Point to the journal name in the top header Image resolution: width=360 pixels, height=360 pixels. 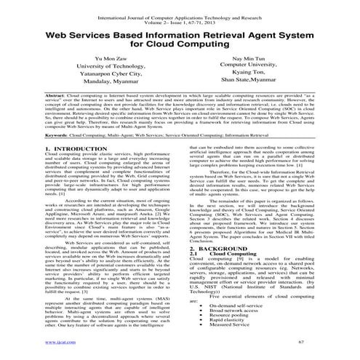point(179,8)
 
